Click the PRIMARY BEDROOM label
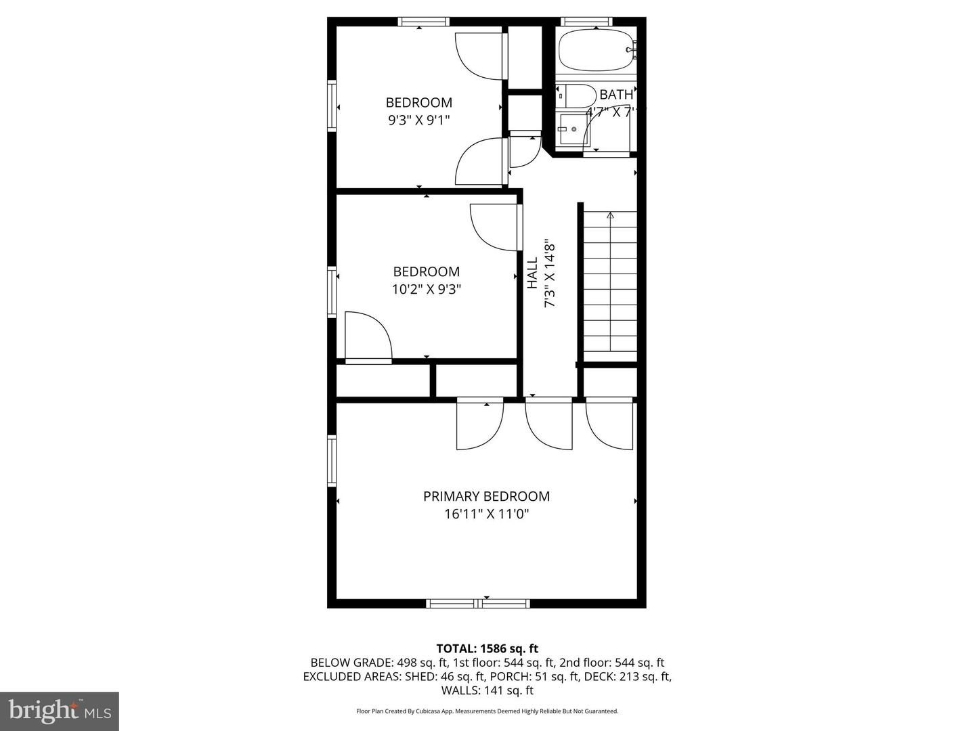click(x=486, y=496)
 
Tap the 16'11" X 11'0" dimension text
click(x=486, y=514)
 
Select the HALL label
click(x=533, y=272)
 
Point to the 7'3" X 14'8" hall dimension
click(x=550, y=275)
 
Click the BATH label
click(x=616, y=95)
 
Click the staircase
click(x=610, y=281)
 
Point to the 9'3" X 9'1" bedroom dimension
click(x=418, y=120)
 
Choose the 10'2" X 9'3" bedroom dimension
click(x=427, y=289)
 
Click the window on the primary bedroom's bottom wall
click(x=479, y=603)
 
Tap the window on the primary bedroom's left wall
click(x=332, y=460)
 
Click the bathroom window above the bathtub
click(x=587, y=22)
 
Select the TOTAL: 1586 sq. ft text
click(x=487, y=648)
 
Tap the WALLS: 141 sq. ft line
click(x=487, y=690)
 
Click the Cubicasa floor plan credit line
click(x=487, y=711)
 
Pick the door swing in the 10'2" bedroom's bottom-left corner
click(x=368, y=336)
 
